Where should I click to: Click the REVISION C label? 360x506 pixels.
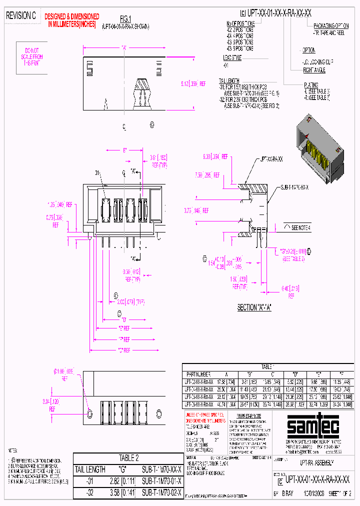20,16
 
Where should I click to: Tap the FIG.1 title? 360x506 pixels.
125,18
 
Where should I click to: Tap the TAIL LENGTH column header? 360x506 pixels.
89,469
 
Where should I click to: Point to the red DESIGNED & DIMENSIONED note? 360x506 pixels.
72,19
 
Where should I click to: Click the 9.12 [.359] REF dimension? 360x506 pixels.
192,84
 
